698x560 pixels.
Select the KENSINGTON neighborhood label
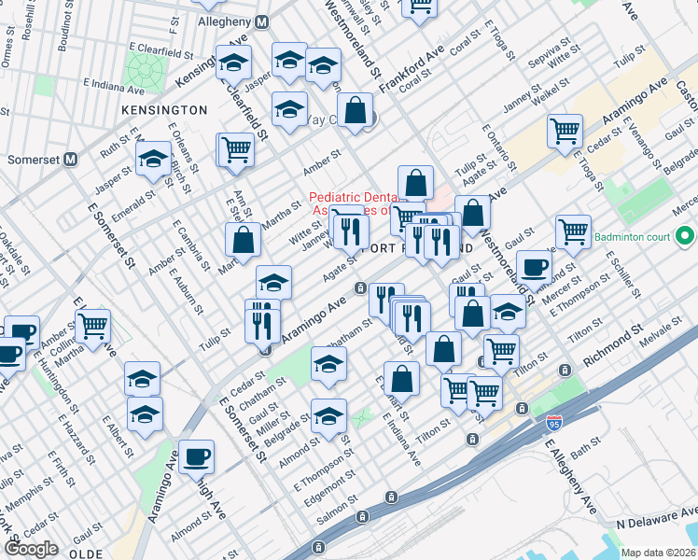tap(164, 110)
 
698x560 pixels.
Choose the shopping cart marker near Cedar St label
tap(565, 132)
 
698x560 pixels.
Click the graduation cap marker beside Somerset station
tap(153, 160)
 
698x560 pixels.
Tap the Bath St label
tap(583, 453)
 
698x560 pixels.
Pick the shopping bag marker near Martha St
tap(243, 241)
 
